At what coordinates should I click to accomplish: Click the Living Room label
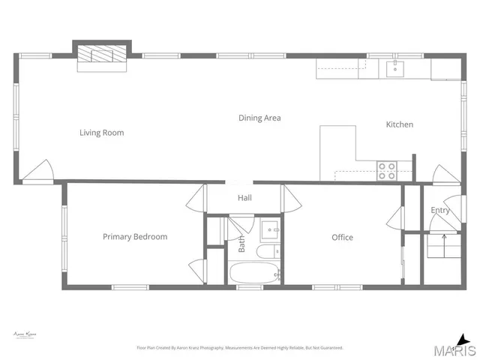(x=101, y=133)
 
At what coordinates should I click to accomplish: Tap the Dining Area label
(x=259, y=118)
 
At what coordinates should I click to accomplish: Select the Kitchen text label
(x=399, y=124)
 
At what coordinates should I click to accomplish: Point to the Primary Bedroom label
(x=135, y=237)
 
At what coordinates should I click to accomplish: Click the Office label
(x=342, y=238)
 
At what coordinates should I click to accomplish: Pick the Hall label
(x=244, y=199)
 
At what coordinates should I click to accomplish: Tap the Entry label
(x=439, y=211)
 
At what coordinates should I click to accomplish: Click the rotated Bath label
(x=242, y=244)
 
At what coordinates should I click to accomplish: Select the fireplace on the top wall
(x=101, y=56)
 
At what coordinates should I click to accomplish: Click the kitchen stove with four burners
(x=386, y=171)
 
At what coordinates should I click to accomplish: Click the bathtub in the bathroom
(x=255, y=274)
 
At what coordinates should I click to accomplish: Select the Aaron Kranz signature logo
(x=25, y=335)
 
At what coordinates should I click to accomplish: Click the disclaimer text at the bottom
(x=239, y=348)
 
